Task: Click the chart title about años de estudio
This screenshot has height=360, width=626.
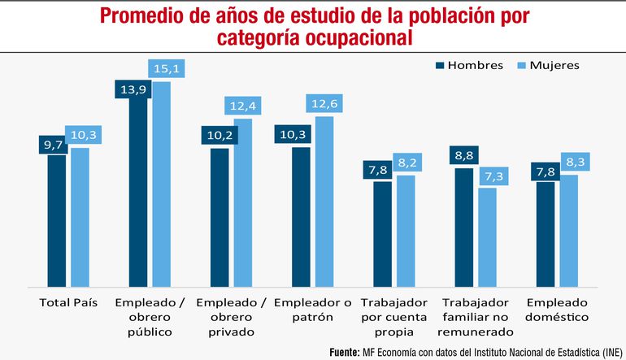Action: point(313,27)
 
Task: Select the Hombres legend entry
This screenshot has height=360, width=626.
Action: point(469,65)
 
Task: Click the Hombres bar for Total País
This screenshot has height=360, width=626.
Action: point(57,220)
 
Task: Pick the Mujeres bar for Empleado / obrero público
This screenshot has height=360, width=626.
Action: point(162,184)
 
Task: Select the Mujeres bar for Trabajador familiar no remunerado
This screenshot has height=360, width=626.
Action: point(487,237)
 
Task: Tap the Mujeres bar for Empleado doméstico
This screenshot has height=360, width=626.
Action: point(568,231)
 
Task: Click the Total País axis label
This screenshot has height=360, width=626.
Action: point(68,301)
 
